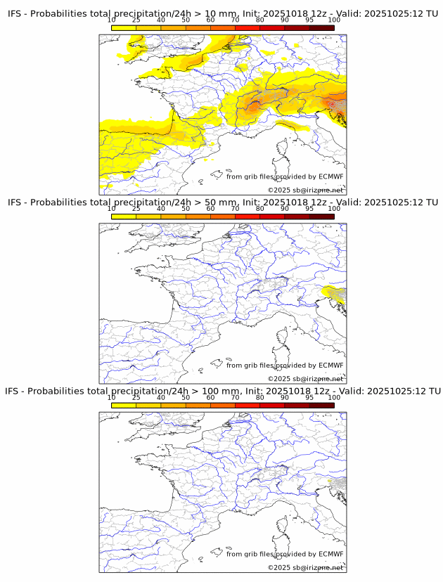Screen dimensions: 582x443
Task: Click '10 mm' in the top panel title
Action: click(215, 14)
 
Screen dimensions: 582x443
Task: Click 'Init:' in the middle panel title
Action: click(258, 202)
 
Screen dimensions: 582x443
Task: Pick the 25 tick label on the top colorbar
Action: click(136, 20)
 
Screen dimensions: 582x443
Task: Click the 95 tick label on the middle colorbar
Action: click(309, 209)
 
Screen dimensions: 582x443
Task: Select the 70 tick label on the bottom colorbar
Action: click(235, 397)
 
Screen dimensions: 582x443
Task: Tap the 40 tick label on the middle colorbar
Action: click(161, 209)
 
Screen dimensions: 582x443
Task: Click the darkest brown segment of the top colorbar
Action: click(321, 27)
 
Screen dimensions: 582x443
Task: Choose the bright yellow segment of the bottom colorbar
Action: click(124, 405)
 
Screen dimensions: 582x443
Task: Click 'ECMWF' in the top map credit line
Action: click(331, 176)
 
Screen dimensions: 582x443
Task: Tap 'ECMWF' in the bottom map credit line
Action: click(331, 554)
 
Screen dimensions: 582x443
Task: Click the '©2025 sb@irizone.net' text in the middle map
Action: click(305, 379)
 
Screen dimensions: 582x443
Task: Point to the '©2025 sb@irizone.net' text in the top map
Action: click(305, 190)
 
